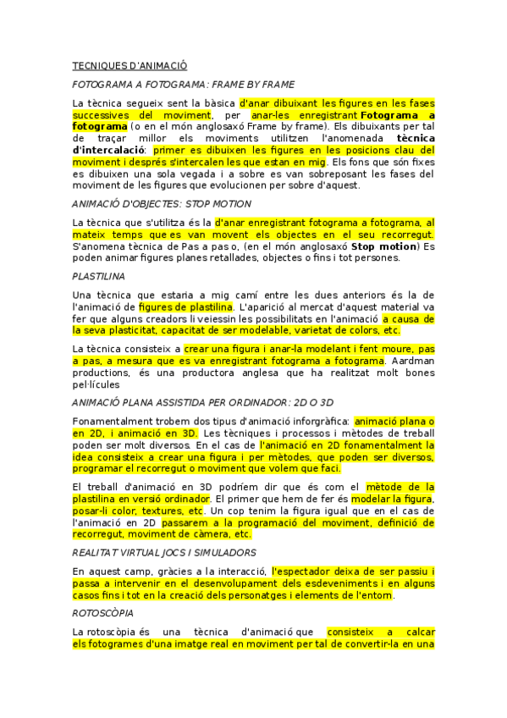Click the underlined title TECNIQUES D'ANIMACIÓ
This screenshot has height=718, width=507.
[130, 65]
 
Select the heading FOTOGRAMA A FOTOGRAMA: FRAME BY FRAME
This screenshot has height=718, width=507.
[184, 85]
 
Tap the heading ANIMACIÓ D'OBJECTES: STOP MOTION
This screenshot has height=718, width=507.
[162, 203]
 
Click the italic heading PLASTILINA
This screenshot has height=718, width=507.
[99, 276]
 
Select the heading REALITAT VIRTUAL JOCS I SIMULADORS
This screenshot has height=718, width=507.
[164, 552]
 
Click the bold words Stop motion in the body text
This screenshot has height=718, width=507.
[385, 246]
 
